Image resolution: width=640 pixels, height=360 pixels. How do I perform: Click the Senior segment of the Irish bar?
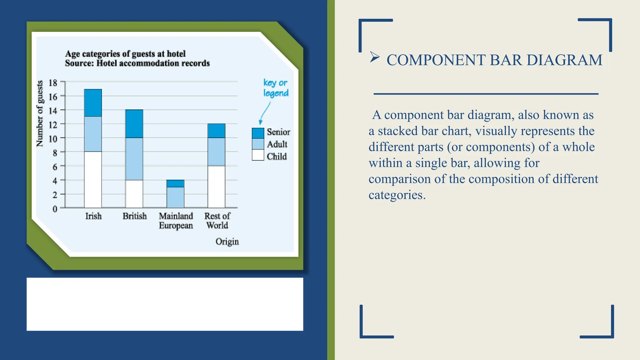pyautogui.click(x=93, y=103)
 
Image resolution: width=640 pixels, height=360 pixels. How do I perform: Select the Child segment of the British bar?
pyautogui.click(x=134, y=193)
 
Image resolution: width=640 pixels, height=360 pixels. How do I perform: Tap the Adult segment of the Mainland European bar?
pyautogui.click(x=175, y=197)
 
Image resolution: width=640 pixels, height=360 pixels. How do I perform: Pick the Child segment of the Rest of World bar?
pyautogui.click(x=216, y=187)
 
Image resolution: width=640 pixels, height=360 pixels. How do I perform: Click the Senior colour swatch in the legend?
pyautogui.click(x=258, y=133)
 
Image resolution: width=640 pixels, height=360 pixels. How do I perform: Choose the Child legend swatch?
pyautogui.click(x=258, y=155)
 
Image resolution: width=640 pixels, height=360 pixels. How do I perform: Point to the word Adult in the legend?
pyautogui.click(x=277, y=144)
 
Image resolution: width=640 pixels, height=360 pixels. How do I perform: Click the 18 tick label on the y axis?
pyautogui.click(x=53, y=83)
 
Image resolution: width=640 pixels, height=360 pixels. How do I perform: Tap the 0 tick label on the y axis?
pyautogui.click(x=55, y=209)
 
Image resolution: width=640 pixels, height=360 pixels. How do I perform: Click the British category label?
pyautogui.click(x=134, y=216)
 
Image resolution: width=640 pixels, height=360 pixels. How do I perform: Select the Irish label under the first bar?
pyautogui.click(x=93, y=216)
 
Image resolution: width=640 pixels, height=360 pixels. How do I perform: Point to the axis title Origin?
pyautogui.click(x=227, y=242)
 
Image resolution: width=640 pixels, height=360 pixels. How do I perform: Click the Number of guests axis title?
pyautogui.click(x=40, y=114)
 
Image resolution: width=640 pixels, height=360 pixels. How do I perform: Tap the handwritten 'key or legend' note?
pyautogui.click(x=275, y=88)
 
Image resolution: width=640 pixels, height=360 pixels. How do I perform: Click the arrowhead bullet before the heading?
pyautogui.click(x=374, y=57)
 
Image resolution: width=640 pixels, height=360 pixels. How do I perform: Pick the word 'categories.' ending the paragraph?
pyautogui.click(x=397, y=195)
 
